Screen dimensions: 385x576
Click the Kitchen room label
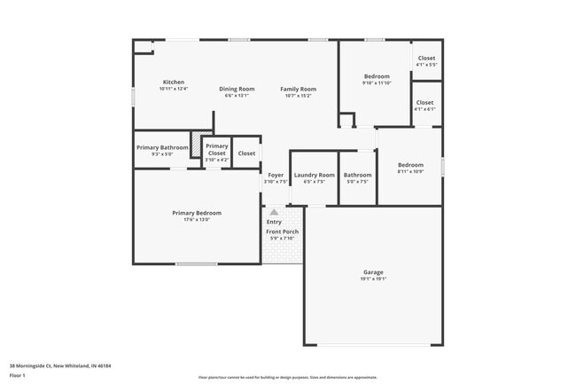tap(173, 82)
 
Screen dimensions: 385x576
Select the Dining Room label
tap(237, 89)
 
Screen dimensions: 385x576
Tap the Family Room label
tap(298, 89)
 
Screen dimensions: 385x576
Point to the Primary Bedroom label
tap(197, 213)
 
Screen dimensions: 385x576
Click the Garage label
tap(373, 272)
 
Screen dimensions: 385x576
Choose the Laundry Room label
tap(315, 176)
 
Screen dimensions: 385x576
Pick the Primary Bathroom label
tap(161, 147)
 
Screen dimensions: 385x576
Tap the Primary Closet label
tap(217, 150)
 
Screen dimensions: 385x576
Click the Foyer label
tap(276, 176)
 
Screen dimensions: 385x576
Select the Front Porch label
tap(283, 232)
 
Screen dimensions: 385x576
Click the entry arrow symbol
tap(274, 212)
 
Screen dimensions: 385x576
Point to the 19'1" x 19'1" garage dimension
tap(373, 279)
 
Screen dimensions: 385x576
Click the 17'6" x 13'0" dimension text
tap(197, 219)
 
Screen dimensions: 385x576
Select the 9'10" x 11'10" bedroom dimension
tap(377, 82)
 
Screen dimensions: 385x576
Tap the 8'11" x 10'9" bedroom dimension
tap(410, 171)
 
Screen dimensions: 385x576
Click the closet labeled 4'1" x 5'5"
tap(426, 65)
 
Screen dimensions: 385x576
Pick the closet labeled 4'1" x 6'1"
tap(425, 109)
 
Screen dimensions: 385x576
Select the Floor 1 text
tap(18, 375)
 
